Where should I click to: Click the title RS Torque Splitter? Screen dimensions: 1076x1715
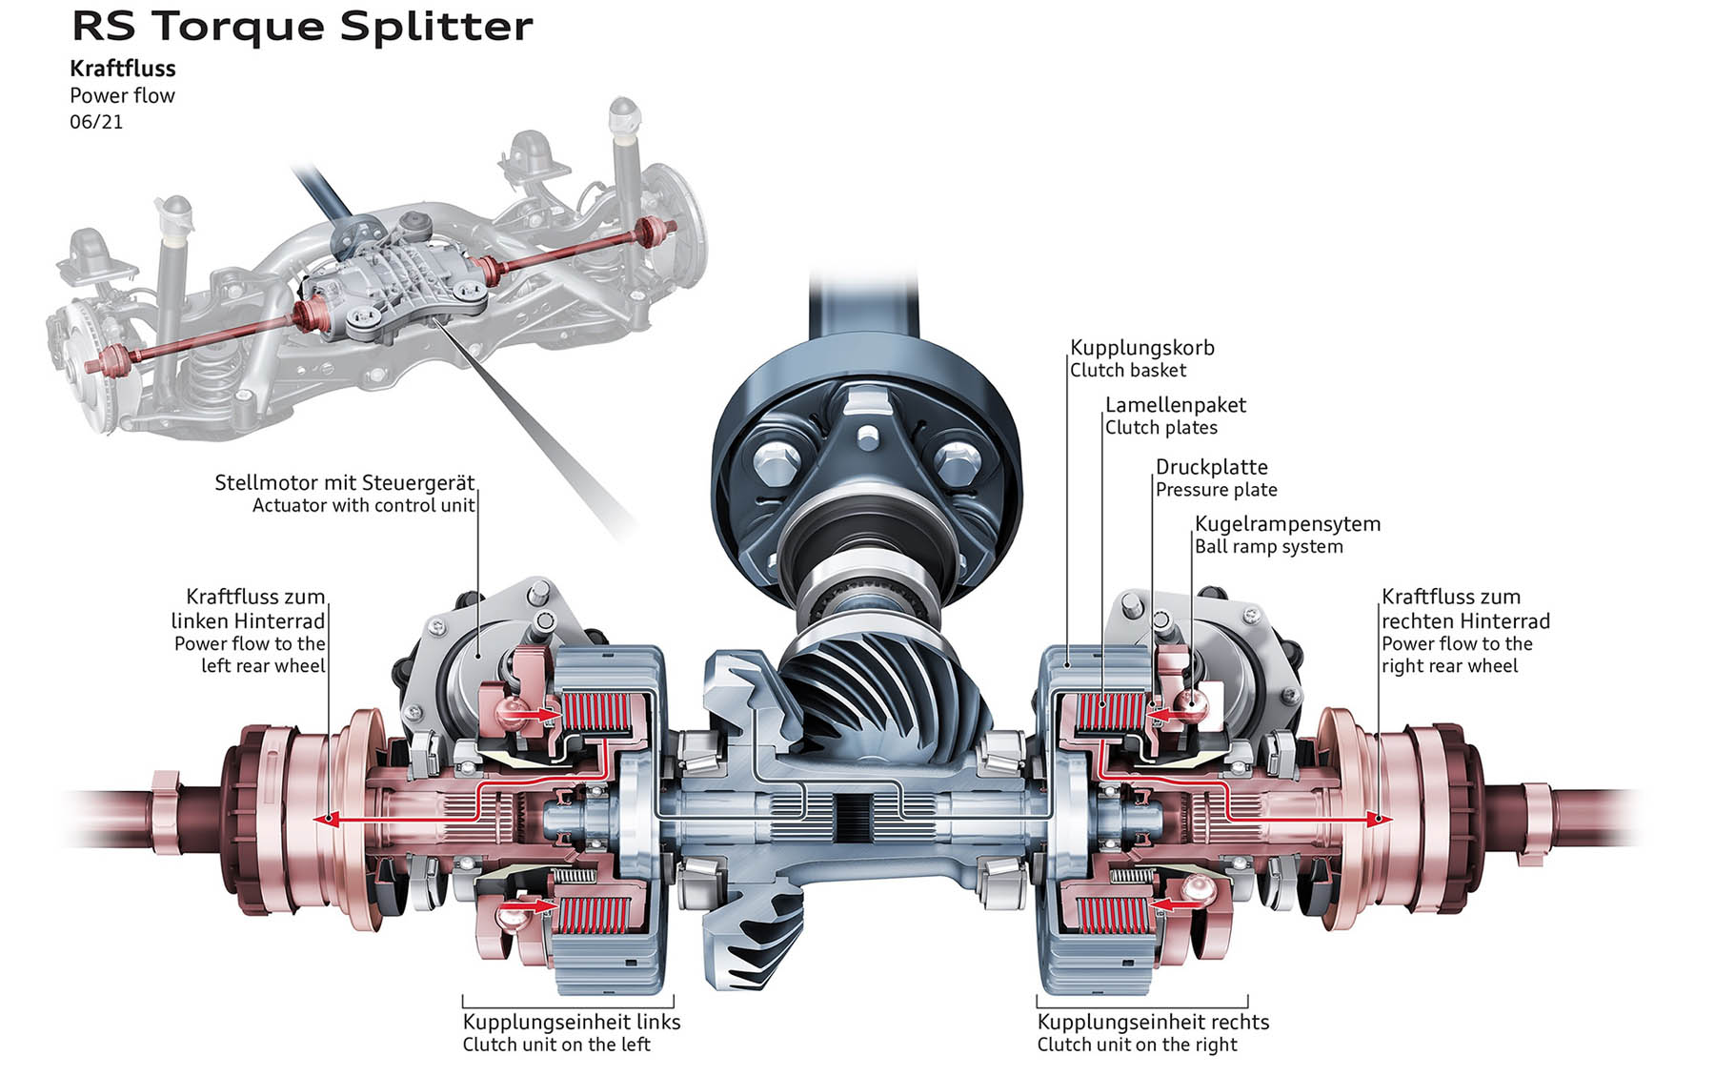click(302, 27)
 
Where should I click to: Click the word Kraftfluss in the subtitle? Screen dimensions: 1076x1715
click(123, 69)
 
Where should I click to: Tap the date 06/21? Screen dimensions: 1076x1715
click(96, 122)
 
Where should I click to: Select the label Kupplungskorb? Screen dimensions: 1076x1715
click(1141, 348)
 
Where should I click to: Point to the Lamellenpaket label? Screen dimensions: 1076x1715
click(1175, 405)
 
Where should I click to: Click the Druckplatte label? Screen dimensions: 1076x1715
click(1211, 467)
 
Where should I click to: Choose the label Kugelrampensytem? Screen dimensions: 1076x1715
click(1287, 523)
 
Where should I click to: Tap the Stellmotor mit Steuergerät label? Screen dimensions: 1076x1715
click(344, 482)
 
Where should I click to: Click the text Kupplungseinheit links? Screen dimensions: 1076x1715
click(572, 1022)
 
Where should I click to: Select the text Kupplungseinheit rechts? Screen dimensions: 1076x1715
click(1153, 1022)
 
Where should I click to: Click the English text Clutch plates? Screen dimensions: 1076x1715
click(1160, 428)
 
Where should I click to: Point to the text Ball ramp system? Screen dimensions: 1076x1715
click(1268, 547)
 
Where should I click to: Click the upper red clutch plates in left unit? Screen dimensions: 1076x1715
click(596, 715)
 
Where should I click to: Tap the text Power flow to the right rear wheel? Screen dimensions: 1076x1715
click(1457, 655)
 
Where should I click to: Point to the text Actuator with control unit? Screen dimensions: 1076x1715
click(363, 505)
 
